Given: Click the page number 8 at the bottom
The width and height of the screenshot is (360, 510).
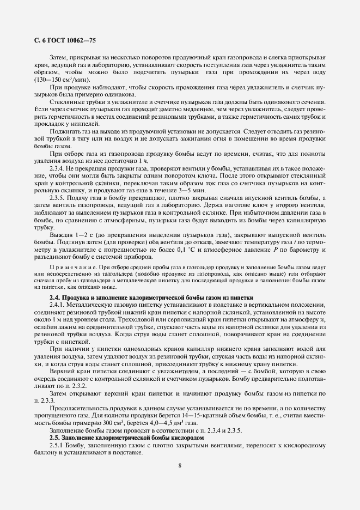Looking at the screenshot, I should point(180,465).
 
